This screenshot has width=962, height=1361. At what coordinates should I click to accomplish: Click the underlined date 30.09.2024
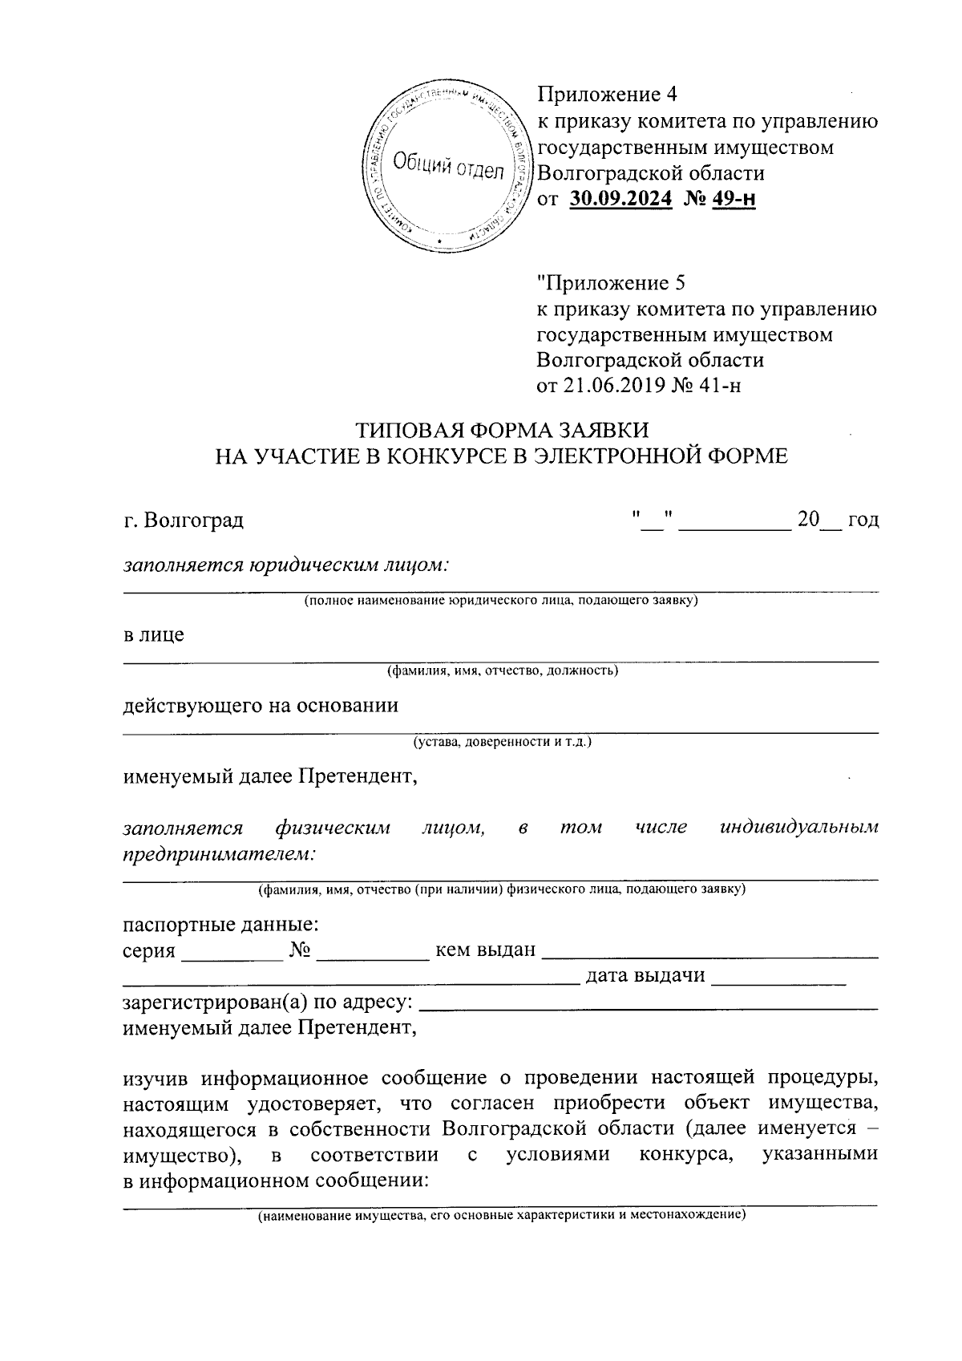(620, 199)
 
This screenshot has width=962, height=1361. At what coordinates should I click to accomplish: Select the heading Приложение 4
(607, 95)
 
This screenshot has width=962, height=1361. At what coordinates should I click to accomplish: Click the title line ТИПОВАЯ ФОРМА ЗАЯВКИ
(501, 429)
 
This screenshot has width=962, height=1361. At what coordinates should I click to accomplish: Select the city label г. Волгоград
(184, 521)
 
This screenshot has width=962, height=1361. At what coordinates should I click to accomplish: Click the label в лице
(153, 635)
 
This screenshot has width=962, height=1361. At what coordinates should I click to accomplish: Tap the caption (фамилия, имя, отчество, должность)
(502, 670)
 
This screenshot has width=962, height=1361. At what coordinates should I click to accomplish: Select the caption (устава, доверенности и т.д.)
(502, 742)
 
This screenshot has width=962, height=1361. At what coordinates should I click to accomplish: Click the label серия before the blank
(149, 951)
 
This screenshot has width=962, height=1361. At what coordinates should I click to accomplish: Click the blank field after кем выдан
(709, 951)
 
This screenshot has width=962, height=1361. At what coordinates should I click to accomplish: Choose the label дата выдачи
(646, 976)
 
